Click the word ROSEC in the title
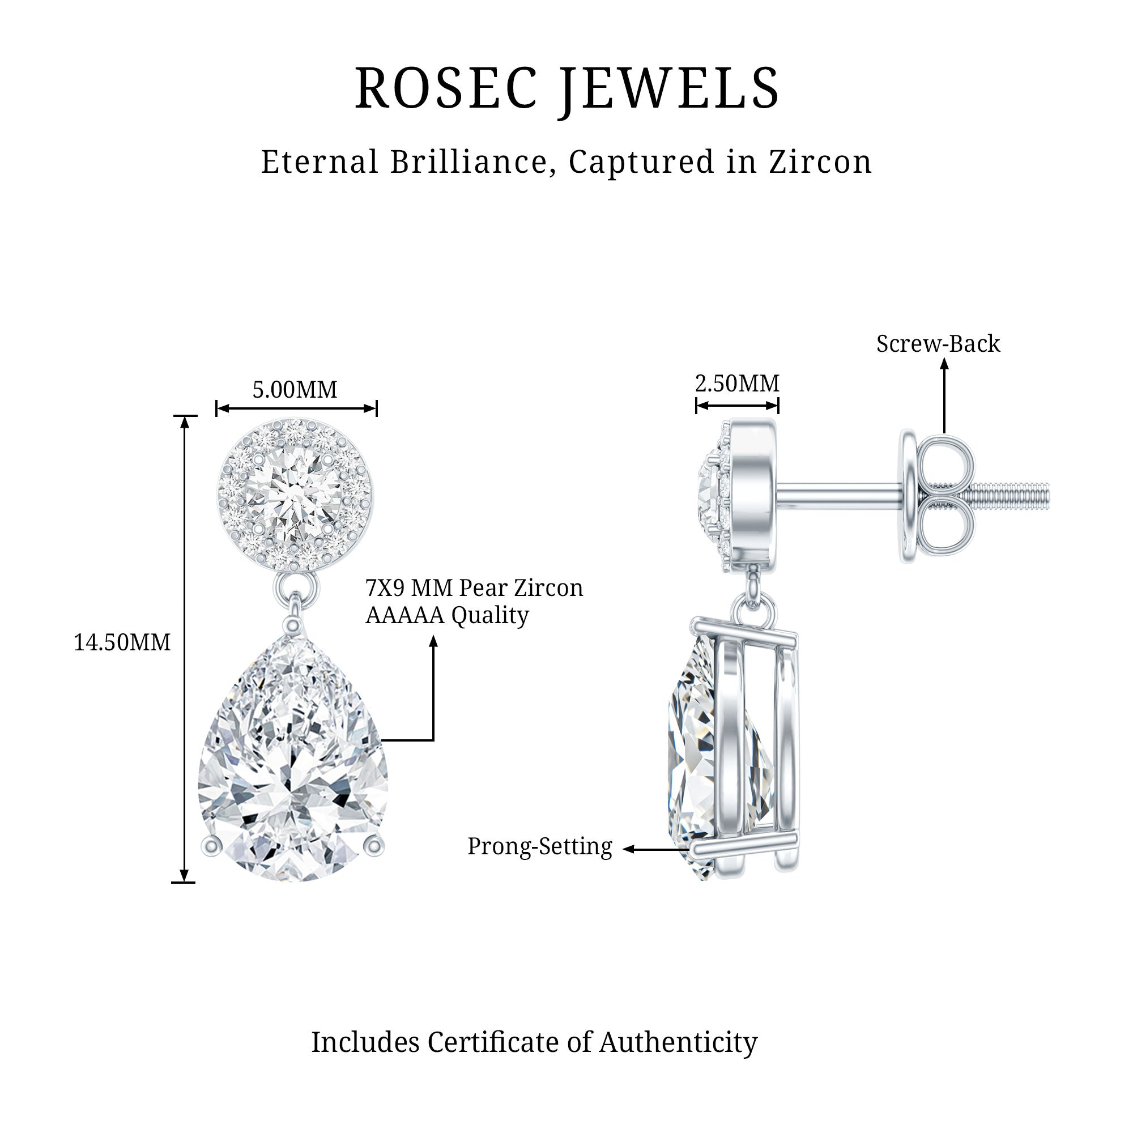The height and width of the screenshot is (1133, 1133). click(x=445, y=88)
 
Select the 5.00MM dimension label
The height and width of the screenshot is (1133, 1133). click(x=295, y=390)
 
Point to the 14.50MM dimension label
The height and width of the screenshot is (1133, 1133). click(x=122, y=643)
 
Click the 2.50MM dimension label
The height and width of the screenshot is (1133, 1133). click(x=737, y=384)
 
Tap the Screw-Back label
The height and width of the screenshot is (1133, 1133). click(x=938, y=344)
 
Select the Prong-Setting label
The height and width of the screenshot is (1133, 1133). click(x=539, y=847)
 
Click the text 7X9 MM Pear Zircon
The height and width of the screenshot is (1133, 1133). click(x=474, y=588)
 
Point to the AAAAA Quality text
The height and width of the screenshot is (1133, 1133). click(x=447, y=615)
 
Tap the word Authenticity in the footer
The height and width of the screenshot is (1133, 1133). click(x=678, y=1042)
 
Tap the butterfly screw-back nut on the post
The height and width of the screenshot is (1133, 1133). click(x=938, y=496)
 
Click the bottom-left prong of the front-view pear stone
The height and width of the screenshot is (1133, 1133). click(x=211, y=846)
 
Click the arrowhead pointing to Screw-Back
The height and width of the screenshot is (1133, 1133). click(x=944, y=364)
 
